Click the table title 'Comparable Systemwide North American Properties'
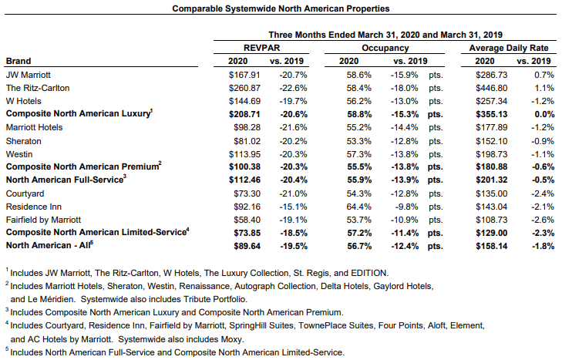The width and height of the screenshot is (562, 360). click(x=281, y=8)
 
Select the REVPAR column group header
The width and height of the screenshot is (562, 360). click(x=261, y=48)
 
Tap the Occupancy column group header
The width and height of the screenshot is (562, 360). click(x=385, y=48)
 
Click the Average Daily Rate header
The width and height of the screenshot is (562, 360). click(x=509, y=48)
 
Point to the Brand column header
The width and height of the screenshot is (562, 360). click(x=19, y=61)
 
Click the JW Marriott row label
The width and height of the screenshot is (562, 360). click(x=29, y=75)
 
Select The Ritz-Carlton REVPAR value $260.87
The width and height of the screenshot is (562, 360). click(x=244, y=88)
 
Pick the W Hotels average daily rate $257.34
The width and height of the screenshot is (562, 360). click(x=491, y=101)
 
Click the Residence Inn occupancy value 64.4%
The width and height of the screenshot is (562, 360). click(x=358, y=207)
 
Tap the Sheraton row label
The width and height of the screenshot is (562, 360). click(x=24, y=141)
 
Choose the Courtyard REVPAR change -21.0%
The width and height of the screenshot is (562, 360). click(x=293, y=193)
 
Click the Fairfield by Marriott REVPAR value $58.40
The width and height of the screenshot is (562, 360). click(x=247, y=220)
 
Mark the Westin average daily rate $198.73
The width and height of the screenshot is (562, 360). click(x=491, y=154)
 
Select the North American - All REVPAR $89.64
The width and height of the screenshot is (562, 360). click(x=247, y=247)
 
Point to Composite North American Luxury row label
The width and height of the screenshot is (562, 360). click(x=78, y=113)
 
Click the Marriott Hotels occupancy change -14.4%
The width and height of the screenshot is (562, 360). click(x=404, y=128)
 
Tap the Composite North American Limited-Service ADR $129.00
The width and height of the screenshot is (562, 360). click(x=491, y=233)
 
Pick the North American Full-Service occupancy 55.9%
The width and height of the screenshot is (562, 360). click(x=359, y=180)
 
